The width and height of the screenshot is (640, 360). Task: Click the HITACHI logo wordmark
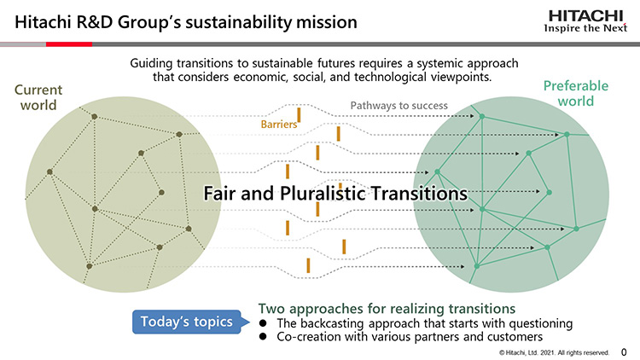[x=585, y=16]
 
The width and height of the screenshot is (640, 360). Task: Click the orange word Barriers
[x=279, y=124]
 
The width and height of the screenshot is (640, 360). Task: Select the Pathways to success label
[x=399, y=106]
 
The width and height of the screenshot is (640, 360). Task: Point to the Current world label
[x=38, y=97]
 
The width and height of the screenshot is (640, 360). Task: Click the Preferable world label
[x=575, y=94]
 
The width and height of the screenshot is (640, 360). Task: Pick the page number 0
[x=624, y=351]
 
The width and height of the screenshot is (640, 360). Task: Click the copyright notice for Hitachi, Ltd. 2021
[x=554, y=352]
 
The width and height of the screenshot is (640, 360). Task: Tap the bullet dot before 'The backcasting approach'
[x=263, y=323]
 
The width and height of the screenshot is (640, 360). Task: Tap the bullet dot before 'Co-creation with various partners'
[x=263, y=337]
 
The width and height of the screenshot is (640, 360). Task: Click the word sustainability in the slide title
[x=238, y=22]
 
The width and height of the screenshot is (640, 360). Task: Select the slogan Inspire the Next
[x=585, y=28]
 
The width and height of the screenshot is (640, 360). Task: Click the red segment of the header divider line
[x=69, y=44]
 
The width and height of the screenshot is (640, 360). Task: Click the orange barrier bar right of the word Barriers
[x=299, y=115]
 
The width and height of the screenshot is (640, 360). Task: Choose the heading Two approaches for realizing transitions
[x=387, y=308]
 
